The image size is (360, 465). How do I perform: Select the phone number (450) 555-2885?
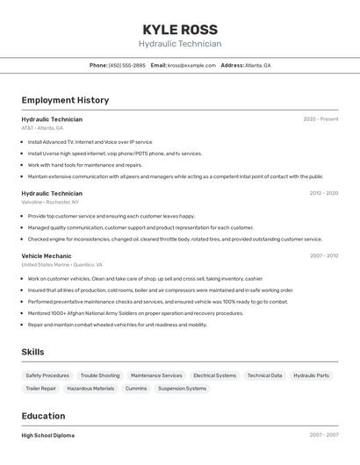tap(127, 65)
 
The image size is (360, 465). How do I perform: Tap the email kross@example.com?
tap(191, 65)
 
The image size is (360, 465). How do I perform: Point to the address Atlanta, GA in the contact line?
tap(257, 65)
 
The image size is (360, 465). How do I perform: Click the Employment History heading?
tap(65, 100)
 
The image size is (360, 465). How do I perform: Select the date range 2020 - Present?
tap(320, 119)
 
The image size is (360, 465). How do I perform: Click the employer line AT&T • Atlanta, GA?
tap(42, 128)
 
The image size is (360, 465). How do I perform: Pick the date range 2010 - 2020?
tap(324, 193)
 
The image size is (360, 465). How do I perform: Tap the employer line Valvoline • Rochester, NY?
tap(50, 202)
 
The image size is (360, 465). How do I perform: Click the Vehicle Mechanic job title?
tap(47, 255)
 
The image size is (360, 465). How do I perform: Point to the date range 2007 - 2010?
tap(324, 255)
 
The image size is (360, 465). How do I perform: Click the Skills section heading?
tap(32, 352)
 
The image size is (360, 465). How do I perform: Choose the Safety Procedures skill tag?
tap(47, 376)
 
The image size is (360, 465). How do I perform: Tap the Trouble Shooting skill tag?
tap(100, 376)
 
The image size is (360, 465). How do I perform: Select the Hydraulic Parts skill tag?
tap(312, 376)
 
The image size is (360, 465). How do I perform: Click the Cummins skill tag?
tap(136, 389)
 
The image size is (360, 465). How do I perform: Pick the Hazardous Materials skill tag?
tap(90, 389)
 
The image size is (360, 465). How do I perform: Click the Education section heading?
tap(43, 416)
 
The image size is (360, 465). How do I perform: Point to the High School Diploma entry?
tap(48, 435)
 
